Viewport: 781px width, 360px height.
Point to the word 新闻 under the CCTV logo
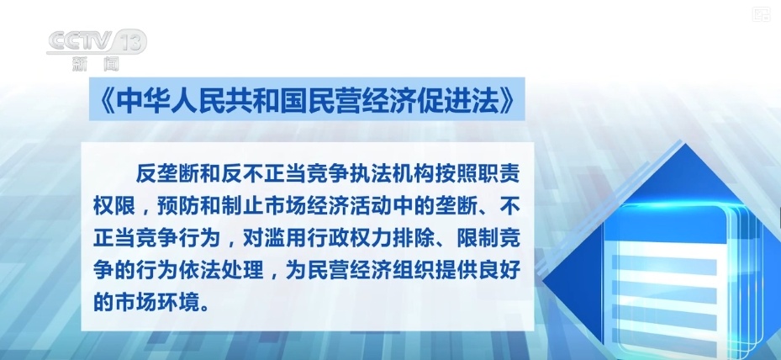(95, 62)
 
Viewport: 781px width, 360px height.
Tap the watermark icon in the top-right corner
(761, 13)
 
